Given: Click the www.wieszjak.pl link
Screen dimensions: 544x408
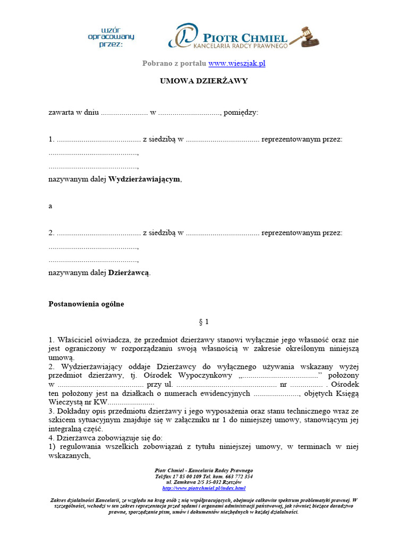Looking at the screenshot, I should (x=236, y=63).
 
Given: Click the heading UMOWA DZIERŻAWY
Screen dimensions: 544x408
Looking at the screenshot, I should (x=204, y=81).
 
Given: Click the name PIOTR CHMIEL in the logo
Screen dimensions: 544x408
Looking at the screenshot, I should (x=245, y=37).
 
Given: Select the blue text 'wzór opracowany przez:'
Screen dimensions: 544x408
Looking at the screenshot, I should (x=111, y=37).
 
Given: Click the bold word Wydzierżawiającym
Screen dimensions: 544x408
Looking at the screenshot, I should (x=144, y=179).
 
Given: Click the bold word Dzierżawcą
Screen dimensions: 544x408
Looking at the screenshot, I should (x=129, y=273).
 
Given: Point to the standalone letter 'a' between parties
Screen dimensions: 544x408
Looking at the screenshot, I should (x=50, y=206).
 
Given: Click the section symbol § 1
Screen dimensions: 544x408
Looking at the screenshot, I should (x=204, y=321).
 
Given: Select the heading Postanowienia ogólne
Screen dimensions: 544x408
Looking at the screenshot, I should (x=86, y=304).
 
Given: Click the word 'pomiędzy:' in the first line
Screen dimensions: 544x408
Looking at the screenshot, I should (x=241, y=113).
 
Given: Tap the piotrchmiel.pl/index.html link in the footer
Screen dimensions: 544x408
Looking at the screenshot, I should (x=204, y=488).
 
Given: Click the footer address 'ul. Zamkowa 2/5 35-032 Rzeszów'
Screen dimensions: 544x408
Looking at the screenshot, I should (x=204, y=482).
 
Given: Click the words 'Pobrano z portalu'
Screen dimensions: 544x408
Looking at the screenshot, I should (x=174, y=63).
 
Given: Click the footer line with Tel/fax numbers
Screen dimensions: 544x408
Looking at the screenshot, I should (x=204, y=477).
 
